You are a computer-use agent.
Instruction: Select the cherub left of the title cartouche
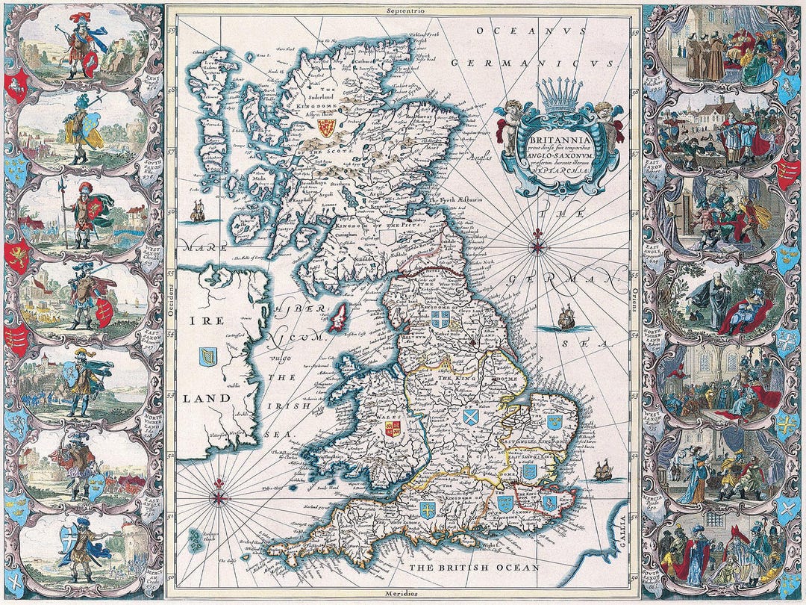click(510, 123)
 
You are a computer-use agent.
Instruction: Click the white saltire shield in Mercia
click(470, 416)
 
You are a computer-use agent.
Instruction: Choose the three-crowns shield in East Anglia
click(553, 423)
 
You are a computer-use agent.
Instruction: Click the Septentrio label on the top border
click(404, 11)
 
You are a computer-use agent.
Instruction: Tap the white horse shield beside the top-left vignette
click(14, 88)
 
